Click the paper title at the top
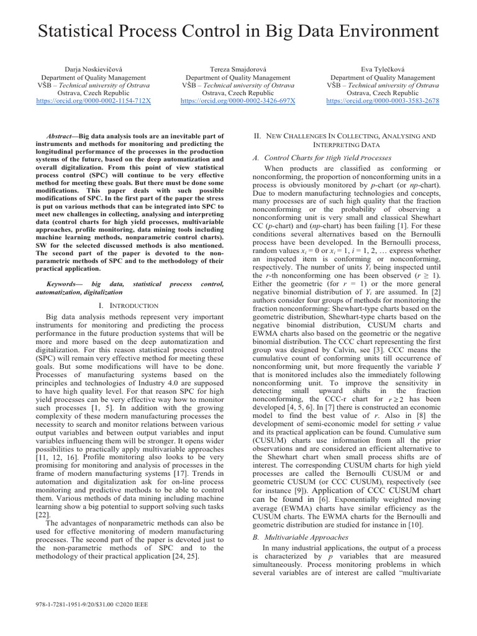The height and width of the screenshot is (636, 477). [238, 31]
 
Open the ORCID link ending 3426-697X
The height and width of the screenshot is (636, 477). [238, 101]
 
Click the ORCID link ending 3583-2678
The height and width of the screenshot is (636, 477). [383, 101]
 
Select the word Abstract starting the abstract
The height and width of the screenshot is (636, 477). [61, 135]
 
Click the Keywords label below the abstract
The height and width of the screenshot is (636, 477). [65, 283]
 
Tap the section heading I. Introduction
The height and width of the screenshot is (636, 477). [129, 306]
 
